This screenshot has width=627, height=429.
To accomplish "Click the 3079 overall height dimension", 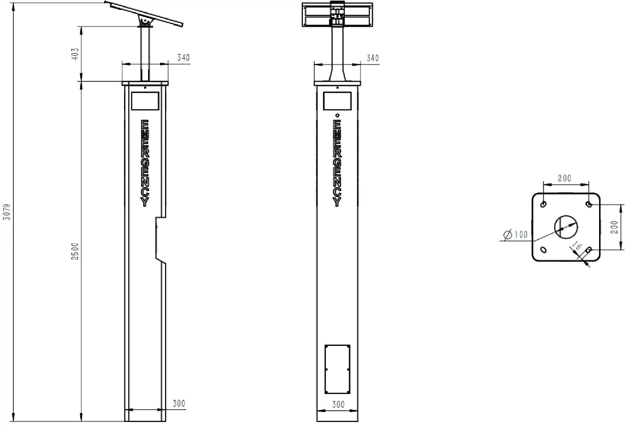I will (7, 212).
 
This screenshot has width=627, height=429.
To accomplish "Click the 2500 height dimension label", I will (75, 251).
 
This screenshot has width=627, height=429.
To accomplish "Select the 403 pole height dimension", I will (75, 54).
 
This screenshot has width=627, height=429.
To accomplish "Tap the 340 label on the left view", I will (183, 57).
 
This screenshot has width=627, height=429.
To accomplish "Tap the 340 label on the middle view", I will (373, 58).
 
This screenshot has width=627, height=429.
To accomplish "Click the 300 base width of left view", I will (179, 403).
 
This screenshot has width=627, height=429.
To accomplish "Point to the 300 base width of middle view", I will (338, 404).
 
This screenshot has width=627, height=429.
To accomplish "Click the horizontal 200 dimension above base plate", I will (564, 178).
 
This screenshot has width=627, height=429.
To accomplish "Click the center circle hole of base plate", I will (566, 226).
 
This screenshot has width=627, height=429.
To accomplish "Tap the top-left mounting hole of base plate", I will (544, 204).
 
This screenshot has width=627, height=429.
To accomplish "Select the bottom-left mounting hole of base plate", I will (544, 250).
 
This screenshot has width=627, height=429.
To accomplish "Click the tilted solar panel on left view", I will (145, 14).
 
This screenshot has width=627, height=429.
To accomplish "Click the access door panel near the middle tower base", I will (337, 369).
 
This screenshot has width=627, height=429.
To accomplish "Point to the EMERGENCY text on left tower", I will (145, 163).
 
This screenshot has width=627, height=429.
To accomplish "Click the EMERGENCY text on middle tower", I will (337, 163).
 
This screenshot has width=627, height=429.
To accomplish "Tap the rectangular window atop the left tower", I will (145, 101).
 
